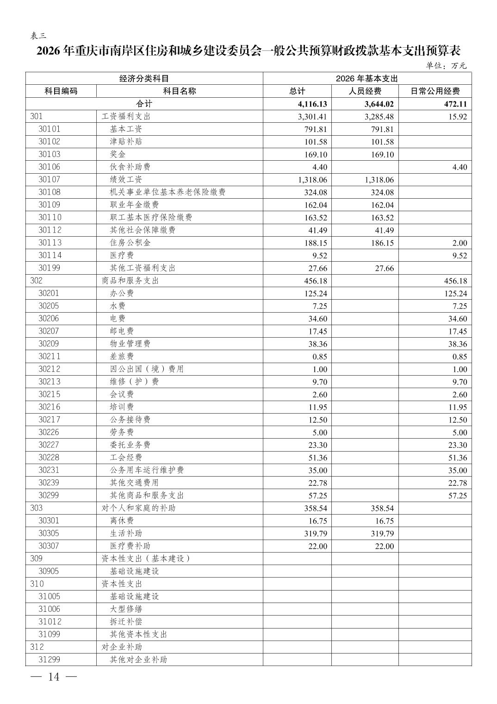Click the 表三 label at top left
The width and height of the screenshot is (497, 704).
(38, 36)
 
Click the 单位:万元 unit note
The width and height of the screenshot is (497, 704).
(446, 66)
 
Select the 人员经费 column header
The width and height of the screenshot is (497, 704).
(365, 91)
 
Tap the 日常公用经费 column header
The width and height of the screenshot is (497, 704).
(435, 91)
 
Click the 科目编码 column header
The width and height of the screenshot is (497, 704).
(61, 91)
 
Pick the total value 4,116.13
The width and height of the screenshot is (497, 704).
(313, 104)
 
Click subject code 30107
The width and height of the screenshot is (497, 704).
(49, 180)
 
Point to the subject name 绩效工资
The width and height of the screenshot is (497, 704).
(126, 180)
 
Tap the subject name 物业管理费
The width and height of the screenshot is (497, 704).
(130, 344)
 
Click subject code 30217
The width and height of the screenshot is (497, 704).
(49, 420)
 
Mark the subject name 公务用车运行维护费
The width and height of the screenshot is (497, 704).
(147, 470)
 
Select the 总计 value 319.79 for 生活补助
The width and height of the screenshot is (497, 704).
(316, 534)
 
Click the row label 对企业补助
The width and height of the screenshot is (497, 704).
(122, 647)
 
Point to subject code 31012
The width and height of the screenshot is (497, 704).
(49, 622)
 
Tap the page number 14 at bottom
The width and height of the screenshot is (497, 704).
(54, 677)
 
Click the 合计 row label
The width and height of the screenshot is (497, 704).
(144, 104)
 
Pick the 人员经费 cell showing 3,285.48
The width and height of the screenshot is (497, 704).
(379, 117)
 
